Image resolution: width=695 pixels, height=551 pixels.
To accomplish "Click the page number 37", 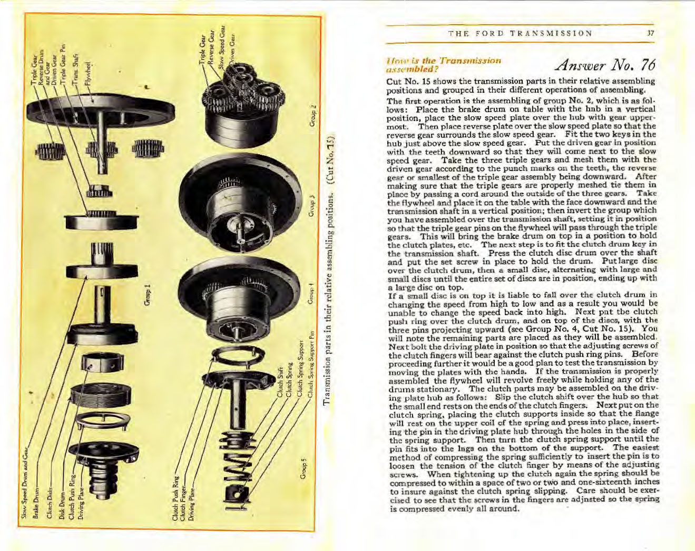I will tap(651, 33).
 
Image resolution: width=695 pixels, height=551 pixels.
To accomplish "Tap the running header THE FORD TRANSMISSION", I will tap(520, 33).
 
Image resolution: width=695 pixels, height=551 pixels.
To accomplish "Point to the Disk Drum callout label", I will tap(62, 505).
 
